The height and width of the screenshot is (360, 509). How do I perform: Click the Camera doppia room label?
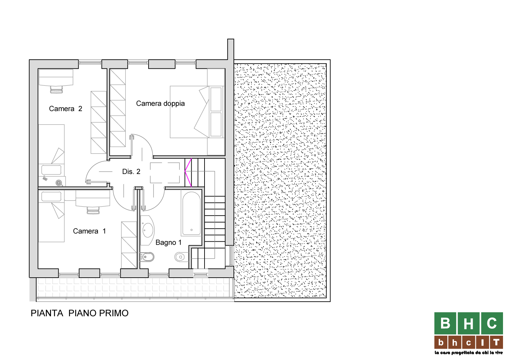[160, 103]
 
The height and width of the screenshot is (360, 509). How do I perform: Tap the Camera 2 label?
[65, 109]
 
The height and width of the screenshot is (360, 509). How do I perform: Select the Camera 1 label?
[89, 231]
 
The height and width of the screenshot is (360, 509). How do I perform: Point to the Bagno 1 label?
[168, 242]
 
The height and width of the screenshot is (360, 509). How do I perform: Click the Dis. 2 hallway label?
[131, 171]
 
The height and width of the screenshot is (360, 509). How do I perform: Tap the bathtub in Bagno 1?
[191, 213]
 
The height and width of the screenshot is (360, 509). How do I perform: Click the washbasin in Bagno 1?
[147, 230]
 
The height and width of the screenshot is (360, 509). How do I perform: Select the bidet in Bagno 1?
[147, 257]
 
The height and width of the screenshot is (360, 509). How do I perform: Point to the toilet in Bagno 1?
[181, 257]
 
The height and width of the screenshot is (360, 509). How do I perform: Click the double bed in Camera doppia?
[197, 112]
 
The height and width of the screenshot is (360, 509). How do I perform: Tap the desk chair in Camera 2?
[56, 89]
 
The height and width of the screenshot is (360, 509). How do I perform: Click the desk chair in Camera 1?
[93, 210]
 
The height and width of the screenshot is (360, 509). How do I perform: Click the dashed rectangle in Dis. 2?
[165, 173]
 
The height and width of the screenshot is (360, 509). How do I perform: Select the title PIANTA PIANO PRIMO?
[80, 313]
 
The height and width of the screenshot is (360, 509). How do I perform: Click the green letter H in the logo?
[468, 323]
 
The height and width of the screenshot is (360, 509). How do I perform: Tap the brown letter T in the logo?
[496, 342]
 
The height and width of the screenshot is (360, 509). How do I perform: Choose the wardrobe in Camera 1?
[129, 245]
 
